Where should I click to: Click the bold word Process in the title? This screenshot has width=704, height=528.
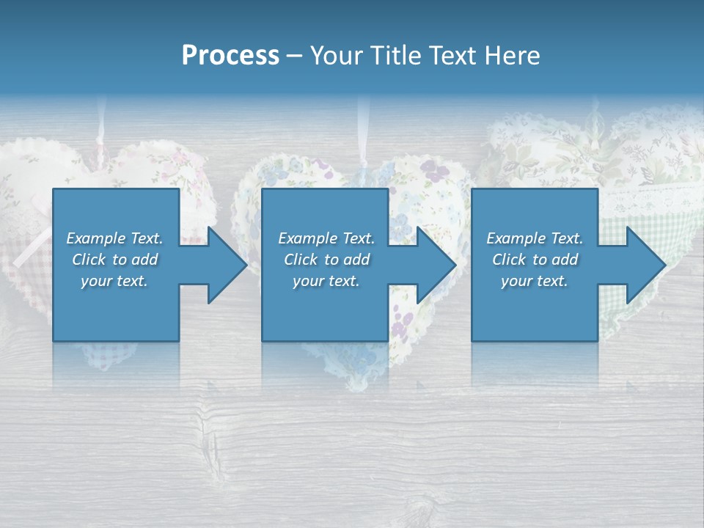click(230, 56)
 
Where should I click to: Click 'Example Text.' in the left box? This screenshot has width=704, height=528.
click(115, 238)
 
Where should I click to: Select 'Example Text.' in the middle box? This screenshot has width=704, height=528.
click(326, 238)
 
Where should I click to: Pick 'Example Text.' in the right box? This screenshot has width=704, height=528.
click(535, 238)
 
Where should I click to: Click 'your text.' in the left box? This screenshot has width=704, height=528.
click(115, 281)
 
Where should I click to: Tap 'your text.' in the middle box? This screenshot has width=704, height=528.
click(326, 281)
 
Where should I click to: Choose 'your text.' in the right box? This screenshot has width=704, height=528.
click(535, 281)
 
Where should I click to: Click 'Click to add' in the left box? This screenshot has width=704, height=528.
click(115, 260)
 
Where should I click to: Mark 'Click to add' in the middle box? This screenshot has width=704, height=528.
click(326, 260)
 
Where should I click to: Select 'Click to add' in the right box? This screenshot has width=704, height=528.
click(535, 260)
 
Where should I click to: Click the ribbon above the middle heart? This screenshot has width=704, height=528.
click(362, 136)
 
